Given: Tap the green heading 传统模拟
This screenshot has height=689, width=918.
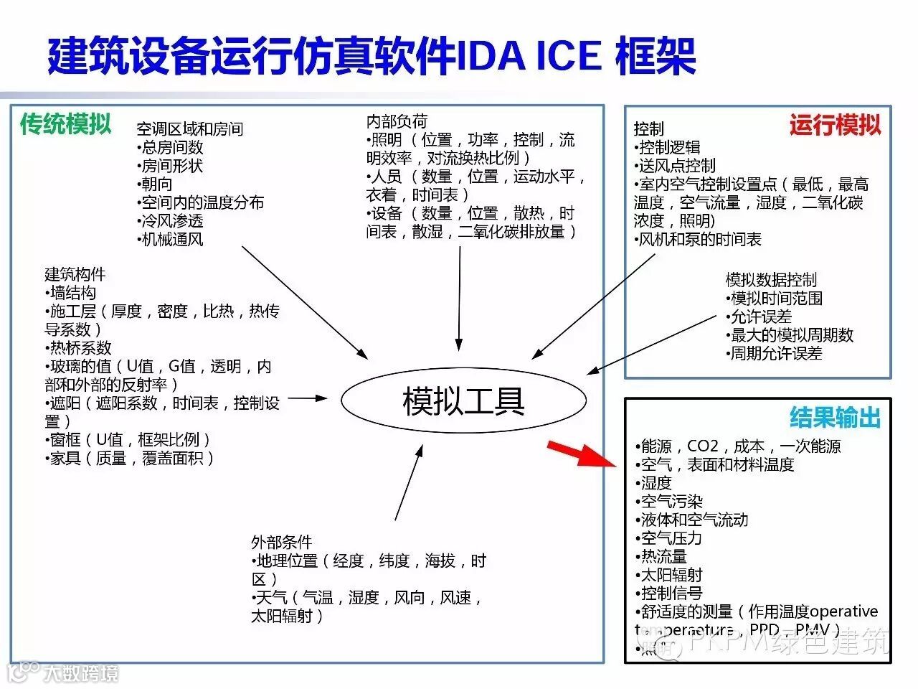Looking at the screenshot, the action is [66, 124].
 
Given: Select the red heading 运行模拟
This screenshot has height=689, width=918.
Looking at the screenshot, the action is [835, 126].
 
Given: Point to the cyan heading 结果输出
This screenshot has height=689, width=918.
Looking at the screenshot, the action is [835, 417].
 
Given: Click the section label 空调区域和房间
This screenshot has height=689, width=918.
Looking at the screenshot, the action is [190, 129].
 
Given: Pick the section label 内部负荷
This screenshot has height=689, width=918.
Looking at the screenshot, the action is [397, 122].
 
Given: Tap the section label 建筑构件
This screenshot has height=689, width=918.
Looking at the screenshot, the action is [75, 275].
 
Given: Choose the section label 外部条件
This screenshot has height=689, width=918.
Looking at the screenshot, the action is [282, 542].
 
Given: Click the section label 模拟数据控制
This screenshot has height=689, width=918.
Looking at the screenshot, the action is [771, 280].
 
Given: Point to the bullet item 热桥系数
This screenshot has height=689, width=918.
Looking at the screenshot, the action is [79, 348].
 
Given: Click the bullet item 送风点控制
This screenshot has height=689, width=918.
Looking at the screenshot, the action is [675, 166].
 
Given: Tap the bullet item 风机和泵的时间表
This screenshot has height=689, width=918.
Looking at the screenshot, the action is [698, 239].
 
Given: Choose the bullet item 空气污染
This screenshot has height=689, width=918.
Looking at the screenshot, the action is [670, 502].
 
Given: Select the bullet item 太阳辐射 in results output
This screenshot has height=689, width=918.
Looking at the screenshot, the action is [670, 575].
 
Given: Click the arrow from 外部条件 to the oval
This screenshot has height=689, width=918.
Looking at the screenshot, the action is [408, 481].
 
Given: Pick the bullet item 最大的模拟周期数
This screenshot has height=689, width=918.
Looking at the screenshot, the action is [790, 335].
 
